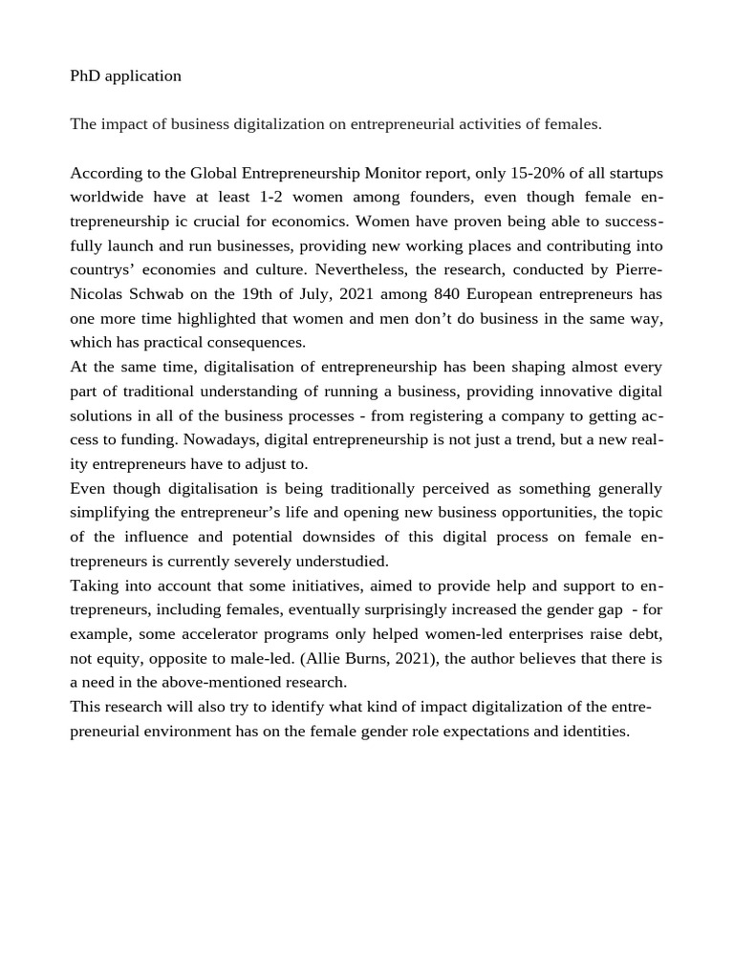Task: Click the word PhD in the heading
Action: click(x=85, y=76)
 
